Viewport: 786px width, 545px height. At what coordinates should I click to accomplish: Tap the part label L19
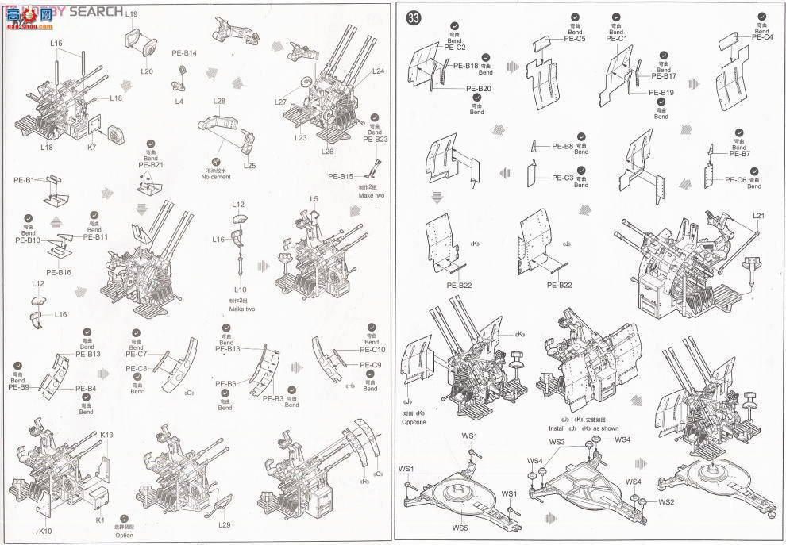131,15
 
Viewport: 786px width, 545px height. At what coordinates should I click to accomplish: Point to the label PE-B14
184,53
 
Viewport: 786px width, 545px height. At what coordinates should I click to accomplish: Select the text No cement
215,176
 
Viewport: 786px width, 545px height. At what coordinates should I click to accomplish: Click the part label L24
378,72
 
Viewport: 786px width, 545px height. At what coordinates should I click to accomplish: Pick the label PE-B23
375,139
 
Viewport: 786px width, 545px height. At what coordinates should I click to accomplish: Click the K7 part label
91,148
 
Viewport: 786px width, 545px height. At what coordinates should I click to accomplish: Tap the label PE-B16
59,272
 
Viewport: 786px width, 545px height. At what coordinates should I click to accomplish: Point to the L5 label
314,198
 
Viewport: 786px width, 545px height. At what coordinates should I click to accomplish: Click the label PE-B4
87,388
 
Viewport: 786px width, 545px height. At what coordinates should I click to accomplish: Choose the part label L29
224,525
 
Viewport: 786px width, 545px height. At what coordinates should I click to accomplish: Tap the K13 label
107,435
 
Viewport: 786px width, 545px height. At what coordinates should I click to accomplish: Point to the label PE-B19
661,93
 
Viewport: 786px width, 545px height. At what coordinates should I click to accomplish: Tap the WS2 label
665,502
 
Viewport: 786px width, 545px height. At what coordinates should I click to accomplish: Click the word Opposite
413,421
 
